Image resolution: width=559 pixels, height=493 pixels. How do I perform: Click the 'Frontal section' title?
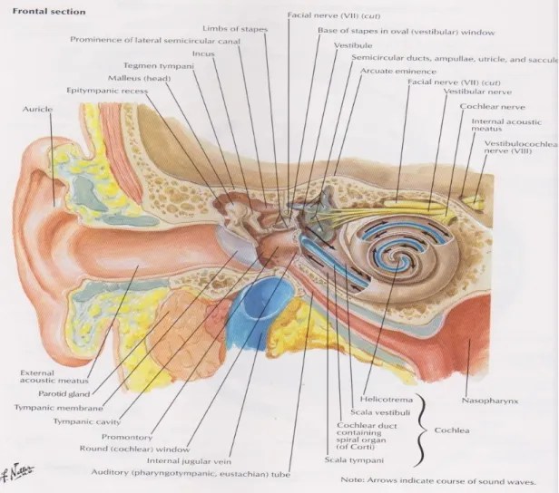click(x=49, y=12)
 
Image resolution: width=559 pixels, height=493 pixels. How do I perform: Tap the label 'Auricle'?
click(x=37, y=109)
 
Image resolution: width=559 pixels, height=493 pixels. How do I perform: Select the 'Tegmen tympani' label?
click(x=159, y=66)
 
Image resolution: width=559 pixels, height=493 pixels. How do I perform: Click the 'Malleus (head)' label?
click(x=140, y=78)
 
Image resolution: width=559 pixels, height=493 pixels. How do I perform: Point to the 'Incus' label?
click(x=203, y=53)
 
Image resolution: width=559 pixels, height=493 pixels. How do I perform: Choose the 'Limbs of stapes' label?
click(x=235, y=29)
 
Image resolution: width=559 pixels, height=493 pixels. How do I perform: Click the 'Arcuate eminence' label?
click(x=398, y=71)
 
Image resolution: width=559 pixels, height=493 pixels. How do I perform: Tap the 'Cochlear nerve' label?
click(x=493, y=106)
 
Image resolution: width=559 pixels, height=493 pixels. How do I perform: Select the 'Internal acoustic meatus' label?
click(x=506, y=125)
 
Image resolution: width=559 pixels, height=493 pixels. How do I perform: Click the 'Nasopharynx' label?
click(x=490, y=401)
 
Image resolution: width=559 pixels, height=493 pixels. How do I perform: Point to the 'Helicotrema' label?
click(x=386, y=400)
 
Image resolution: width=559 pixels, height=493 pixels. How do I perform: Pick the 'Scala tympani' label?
click(x=354, y=459)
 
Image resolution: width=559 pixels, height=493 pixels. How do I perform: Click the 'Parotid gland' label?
click(x=64, y=393)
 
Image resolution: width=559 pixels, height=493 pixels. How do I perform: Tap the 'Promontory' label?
click(x=127, y=437)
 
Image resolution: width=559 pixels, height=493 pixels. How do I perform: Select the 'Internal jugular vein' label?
click(x=189, y=461)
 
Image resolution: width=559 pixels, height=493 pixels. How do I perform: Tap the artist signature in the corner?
click(x=17, y=472)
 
